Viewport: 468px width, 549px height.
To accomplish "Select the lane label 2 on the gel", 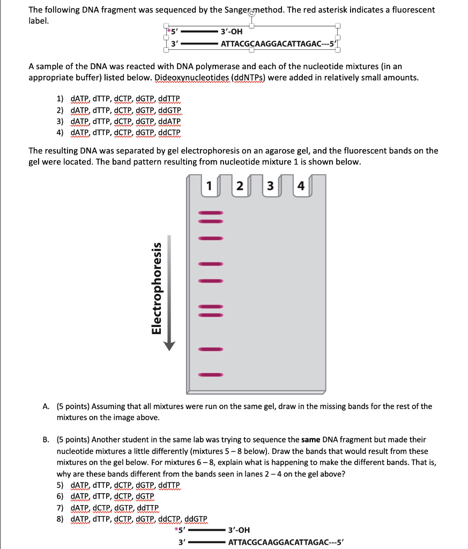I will point(240,187).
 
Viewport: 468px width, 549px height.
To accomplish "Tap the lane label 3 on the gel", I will point(271,187).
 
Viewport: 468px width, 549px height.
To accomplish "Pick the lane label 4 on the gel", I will point(301,187).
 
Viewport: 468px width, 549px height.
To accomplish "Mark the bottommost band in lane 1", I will point(210,374).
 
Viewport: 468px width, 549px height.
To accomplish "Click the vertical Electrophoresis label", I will point(157,287).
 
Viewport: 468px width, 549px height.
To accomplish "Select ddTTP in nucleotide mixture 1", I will point(169,100).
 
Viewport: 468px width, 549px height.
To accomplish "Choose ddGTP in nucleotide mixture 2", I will point(169,110).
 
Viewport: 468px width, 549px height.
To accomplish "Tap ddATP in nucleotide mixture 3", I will point(169,121).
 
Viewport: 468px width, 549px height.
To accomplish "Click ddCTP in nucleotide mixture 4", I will point(168,132).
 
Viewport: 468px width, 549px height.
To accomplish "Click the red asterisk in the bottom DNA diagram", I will point(177,531).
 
